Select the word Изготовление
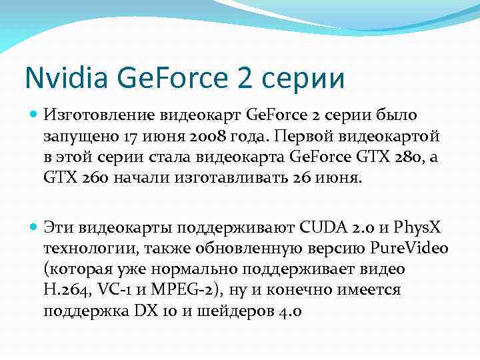(x=100, y=115)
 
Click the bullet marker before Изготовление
(x=33, y=115)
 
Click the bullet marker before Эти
(x=33, y=227)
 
